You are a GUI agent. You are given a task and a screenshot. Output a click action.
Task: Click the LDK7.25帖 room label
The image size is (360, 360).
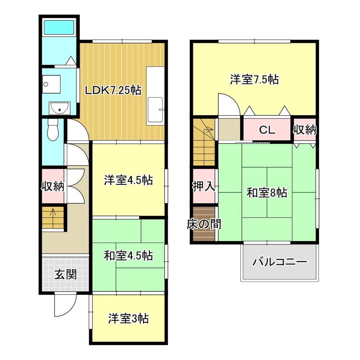(113, 90)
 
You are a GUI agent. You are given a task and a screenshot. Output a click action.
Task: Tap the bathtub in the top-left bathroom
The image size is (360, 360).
(59, 27)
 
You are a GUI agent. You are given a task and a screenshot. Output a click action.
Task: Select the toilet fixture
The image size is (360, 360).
(53, 130)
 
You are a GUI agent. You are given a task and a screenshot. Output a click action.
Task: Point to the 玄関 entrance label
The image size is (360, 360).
(65, 275)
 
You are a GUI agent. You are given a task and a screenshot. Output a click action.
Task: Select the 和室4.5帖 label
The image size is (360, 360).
(129, 256)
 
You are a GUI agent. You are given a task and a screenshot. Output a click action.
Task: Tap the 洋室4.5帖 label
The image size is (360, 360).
(129, 180)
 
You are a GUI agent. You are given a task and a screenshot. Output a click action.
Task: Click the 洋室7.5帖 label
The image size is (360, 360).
(254, 79)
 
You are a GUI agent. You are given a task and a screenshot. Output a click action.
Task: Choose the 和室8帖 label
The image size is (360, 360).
(267, 193)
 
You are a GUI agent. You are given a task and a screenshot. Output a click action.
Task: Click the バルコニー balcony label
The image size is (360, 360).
(280, 262)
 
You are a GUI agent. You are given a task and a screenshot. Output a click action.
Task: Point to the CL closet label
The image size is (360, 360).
(267, 130)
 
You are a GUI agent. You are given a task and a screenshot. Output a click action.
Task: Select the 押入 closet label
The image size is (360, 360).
(204, 186)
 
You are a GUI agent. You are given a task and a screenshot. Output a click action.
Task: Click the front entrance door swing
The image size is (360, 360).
(64, 305)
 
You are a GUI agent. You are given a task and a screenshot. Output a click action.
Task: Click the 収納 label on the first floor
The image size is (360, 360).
(53, 186)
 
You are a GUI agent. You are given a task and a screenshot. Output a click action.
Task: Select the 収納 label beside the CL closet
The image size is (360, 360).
(305, 130)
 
